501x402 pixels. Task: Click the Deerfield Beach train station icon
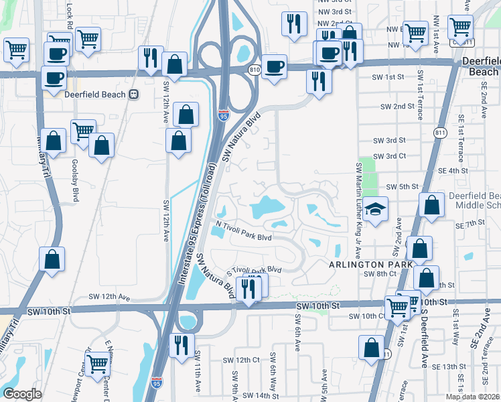tap(134, 94)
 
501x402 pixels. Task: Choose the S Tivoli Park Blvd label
tap(253, 269)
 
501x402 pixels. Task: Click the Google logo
tap(22, 393)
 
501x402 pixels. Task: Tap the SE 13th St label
tap(449, 366)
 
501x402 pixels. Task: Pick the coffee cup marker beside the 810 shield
tap(273, 67)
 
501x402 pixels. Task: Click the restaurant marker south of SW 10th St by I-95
tap(181, 345)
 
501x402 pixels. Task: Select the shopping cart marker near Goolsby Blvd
tap(83, 131)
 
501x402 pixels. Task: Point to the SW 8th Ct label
tap(384, 273)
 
